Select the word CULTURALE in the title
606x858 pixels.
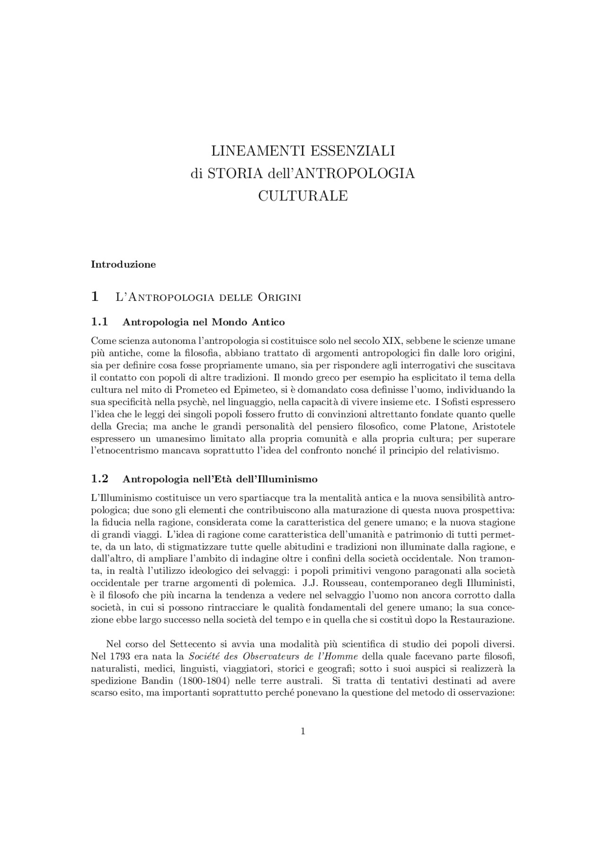[303, 196]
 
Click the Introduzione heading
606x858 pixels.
[123, 264]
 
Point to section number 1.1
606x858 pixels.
[99, 322]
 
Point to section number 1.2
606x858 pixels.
[99, 479]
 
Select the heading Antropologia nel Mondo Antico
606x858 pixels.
[204, 322]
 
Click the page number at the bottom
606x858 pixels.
[303, 732]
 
